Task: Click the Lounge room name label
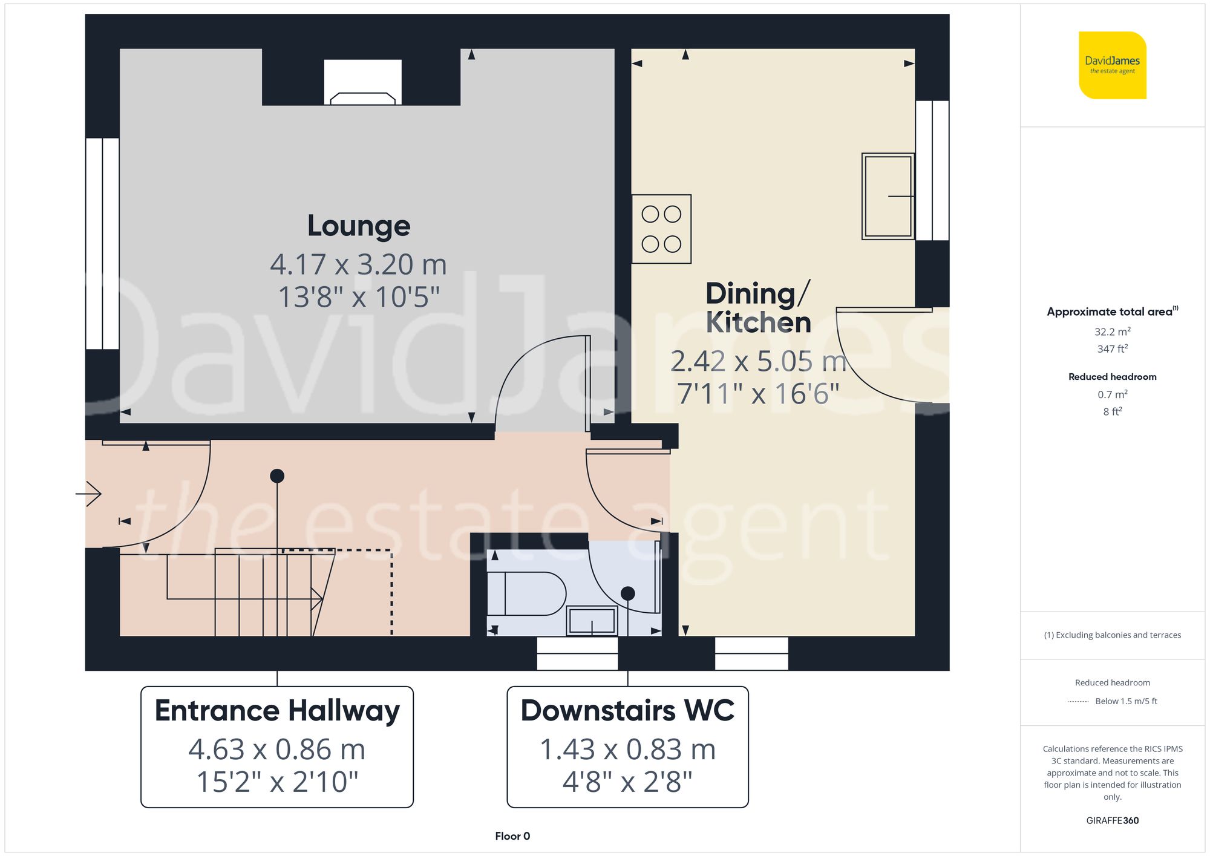(x=359, y=226)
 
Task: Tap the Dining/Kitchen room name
(x=758, y=308)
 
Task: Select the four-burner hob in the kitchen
(x=661, y=229)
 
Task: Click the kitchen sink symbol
(x=888, y=196)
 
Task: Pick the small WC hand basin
(x=592, y=621)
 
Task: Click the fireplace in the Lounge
(x=362, y=83)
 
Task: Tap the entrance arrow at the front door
(x=90, y=494)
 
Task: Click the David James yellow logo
(x=1112, y=65)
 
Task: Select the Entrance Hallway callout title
(x=277, y=710)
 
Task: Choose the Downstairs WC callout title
(x=627, y=710)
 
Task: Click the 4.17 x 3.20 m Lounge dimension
(x=358, y=264)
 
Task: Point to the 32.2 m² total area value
(x=1112, y=332)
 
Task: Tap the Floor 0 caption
(x=512, y=836)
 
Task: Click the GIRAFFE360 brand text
(x=1112, y=820)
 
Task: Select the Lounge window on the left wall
(x=102, y=243)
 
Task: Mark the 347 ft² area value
(x=1112, y=349)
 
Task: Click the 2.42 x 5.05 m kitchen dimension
(x=758, y=362)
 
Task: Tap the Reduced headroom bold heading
(x=1112, y=377)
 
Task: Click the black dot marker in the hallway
(x=277, y=476)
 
